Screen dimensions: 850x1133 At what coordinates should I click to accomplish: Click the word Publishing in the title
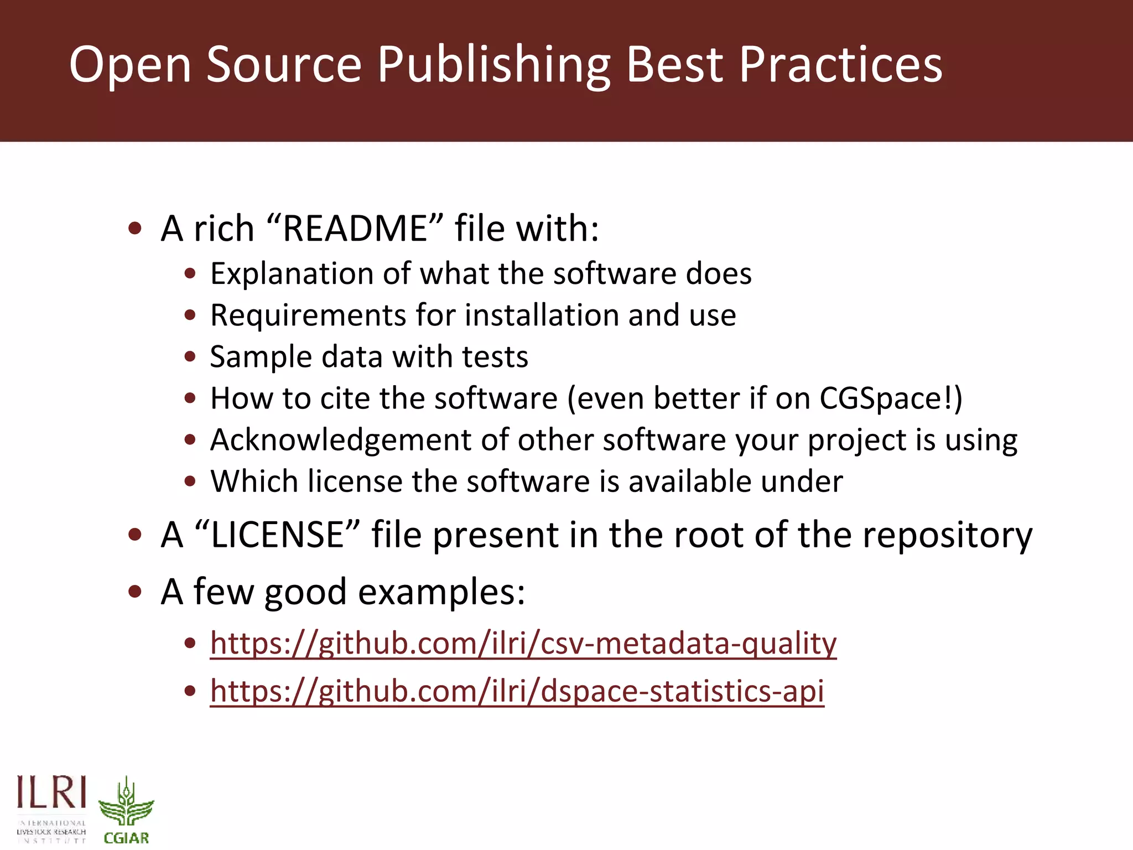494,65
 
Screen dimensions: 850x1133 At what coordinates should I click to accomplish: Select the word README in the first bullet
355,228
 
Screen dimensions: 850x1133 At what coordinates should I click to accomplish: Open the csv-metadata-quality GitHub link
523,643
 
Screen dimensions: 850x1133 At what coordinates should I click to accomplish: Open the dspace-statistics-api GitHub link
517,691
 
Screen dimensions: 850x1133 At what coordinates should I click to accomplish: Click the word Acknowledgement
340,440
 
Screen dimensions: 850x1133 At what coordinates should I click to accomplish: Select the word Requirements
308,315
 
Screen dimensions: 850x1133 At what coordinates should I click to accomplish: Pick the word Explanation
292,274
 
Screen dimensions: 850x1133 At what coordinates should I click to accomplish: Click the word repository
947,535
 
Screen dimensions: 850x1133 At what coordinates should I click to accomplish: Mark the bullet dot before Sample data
190,357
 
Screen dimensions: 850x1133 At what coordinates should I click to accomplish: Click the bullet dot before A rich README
135,229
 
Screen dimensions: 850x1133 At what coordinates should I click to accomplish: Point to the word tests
495,357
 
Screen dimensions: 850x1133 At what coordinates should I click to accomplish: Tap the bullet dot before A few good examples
135,592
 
